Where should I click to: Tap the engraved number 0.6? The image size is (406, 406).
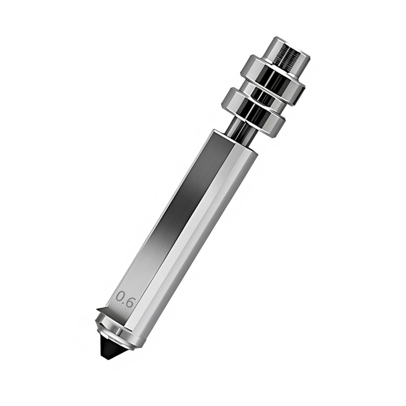pos(125,299)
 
